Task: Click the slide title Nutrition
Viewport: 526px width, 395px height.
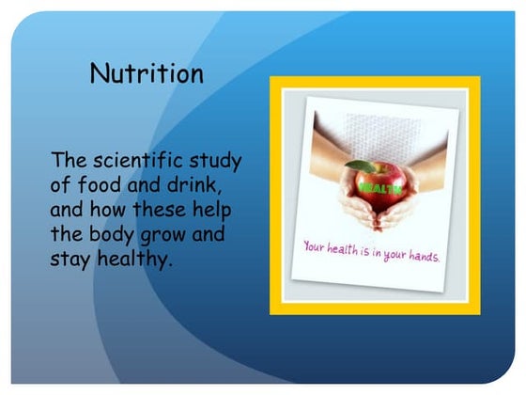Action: [146, 74]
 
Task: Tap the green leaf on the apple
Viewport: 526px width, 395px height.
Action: [363, 166]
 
